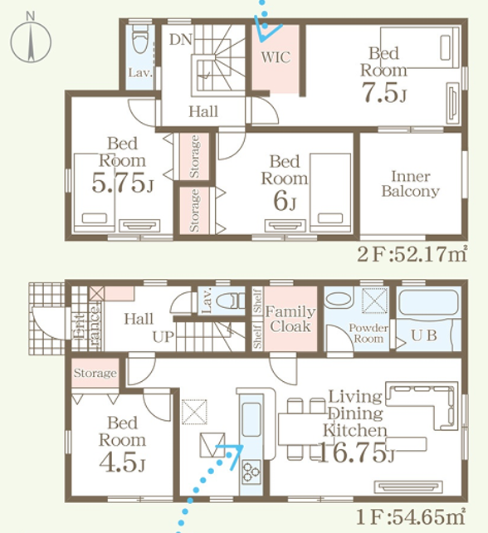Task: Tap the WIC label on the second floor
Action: (x=276, y=57)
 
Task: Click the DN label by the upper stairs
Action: (x=181, y=40)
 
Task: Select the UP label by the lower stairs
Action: (x=163, y=336)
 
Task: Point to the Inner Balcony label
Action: (x=411, y=184)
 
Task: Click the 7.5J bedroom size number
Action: (x=383, y=92)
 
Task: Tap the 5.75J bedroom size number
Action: (x=123, y=183)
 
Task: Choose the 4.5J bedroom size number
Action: (x=122, y=462)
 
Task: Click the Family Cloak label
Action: (x=290, y=319)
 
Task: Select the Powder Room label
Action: (x=368, y=333)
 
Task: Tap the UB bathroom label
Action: (x=424, y=335)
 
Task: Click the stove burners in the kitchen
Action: (x=251, y=472)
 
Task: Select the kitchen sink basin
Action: (x=251, y=419)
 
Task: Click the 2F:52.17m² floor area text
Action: (x=412, y=253)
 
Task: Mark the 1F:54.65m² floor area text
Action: (x=411, y=517)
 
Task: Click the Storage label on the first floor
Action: (x=95, y=373)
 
